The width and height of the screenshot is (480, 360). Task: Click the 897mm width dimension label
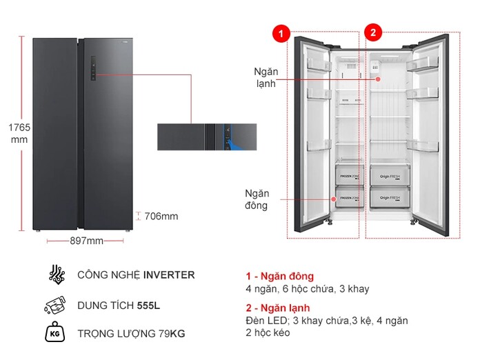pyautogui.click(x=86, y=241)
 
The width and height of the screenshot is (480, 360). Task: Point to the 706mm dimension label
pyautogui.click(x=161, y=217)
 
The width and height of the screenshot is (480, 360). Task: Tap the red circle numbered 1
pyautogui.click(x=280, y=32)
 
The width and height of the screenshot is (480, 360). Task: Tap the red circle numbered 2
pyautogui.click(x=372, y=32)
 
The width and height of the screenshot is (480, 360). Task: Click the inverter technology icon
pyautogui.click(x=57, y=274)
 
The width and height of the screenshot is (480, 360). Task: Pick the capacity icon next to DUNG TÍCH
pyautogui.click(x=56, y=305)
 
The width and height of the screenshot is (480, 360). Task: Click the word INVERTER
pyautogui.click(x=169, y=274)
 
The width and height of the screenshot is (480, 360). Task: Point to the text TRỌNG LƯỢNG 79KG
pyautogui.click(x=132, y=334)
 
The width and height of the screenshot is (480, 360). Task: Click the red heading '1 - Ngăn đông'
pyautogui.click(x=279, y=277)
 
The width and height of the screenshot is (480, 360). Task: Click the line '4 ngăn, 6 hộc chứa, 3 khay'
pyautogui.click(x=307, y=289)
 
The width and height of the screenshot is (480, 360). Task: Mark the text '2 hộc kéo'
pyautogui.click(x=268, y=332)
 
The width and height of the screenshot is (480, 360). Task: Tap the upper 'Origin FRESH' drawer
pyautogui.click(x=390, y=176)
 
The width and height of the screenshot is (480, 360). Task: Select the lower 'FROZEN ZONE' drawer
pyautogui.click(x=348, y=198)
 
